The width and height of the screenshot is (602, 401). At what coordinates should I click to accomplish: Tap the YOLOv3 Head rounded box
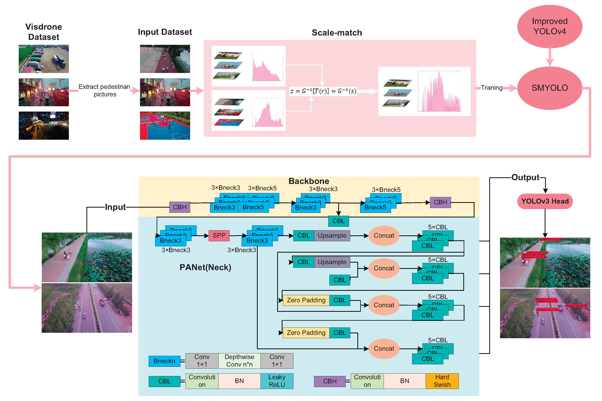545,201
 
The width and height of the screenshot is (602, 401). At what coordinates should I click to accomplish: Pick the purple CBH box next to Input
179,207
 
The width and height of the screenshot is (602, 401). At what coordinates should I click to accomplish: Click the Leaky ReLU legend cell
277,381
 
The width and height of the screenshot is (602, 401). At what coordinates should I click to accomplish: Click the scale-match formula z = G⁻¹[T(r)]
323,91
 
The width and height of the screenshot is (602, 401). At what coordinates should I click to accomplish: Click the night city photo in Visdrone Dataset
44,125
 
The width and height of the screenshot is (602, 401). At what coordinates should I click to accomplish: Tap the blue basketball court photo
165,125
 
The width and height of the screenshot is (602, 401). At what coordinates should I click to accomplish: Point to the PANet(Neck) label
205,267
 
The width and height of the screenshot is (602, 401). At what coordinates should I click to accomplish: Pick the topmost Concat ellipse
383,236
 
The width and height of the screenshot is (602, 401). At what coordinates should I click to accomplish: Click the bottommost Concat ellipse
383,349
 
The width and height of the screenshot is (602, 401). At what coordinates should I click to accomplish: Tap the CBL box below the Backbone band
338,221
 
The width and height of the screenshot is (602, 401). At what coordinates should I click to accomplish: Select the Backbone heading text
309,181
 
